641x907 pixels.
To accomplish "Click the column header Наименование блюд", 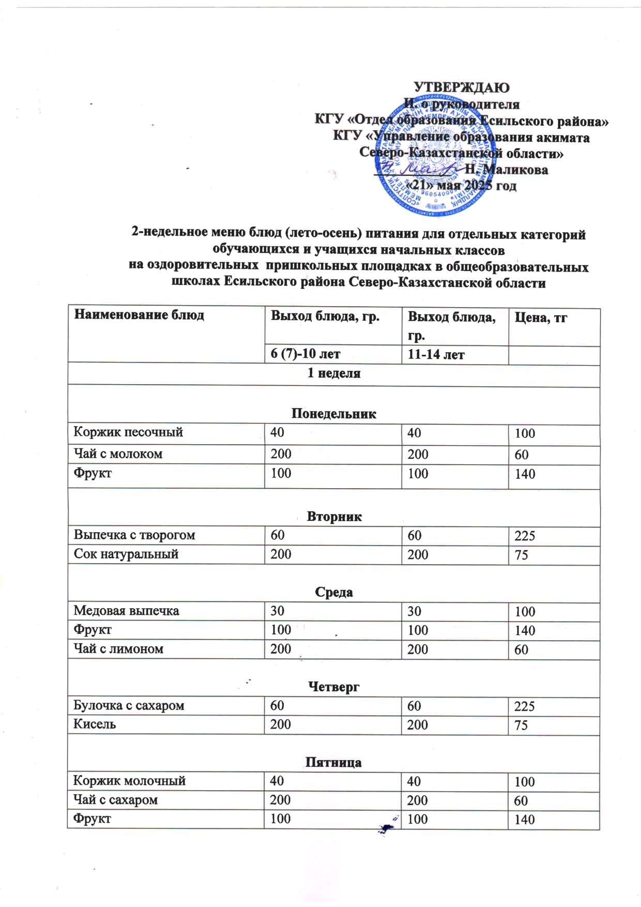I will click(x=139, y=315).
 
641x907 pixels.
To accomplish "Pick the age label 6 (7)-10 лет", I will click(x=306, y=354).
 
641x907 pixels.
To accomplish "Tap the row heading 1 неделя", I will click(x=334, y=373).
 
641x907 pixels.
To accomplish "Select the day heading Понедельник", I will click(x=334, y=414).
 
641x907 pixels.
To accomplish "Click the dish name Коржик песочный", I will click(x=128, y=432).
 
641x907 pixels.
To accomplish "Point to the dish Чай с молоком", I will click(x=118, y=454).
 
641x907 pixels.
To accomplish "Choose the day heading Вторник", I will click(x=334, y=517).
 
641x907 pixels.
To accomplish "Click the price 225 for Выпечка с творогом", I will click(x=525, y=536).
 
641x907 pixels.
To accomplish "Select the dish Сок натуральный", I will click(x=126, y=554).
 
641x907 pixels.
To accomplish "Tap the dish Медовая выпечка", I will click(x=126, y=611).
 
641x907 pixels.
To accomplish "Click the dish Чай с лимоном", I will click(x=118, y=649).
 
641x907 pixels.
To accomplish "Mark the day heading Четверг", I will click(x=333, y=687).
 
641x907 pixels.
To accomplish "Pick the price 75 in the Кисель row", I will click(x=521, y=725).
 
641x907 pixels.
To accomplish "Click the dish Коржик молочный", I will click(x=129, y=781).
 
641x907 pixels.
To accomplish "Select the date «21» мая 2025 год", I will click(x=462, y=186).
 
